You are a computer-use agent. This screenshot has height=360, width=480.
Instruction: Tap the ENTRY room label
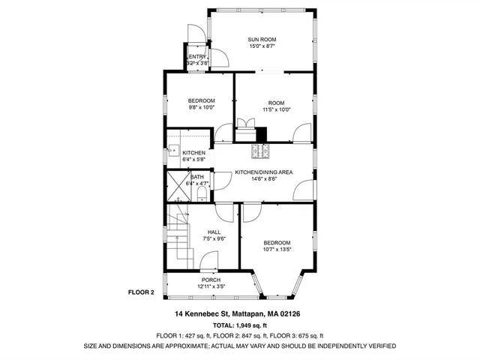(x=197, y=57)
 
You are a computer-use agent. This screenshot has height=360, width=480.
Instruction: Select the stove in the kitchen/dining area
(x=260, y=151)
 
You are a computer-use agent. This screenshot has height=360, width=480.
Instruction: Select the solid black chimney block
(x=261, y=134)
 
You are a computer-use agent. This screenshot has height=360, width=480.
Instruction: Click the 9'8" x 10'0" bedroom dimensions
(x=201, y=108)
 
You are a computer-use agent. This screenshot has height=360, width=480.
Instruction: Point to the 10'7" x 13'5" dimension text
(x=277, y=250)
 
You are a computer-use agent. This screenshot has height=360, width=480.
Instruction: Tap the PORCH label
(x=211, y=280)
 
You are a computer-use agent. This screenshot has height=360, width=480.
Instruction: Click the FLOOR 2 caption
(x=141, y=292)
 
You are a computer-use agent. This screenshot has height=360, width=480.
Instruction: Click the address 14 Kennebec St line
(x=238, y=313)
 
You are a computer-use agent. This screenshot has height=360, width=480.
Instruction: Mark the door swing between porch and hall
(x=208, y=266)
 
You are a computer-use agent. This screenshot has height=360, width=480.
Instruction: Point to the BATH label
(x=196, y=176)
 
